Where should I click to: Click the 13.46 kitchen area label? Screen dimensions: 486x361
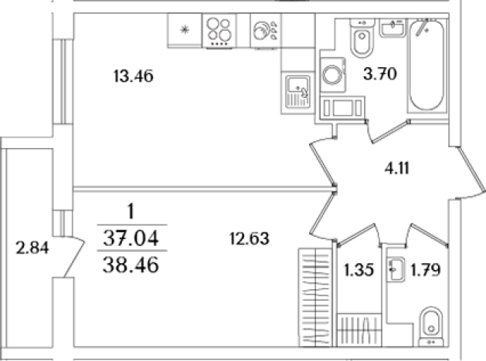(133, 76)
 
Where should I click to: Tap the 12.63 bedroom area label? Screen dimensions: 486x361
(250, 239)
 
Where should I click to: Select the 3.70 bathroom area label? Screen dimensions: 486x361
(380, 74)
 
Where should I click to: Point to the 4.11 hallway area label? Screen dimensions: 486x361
(397, 169)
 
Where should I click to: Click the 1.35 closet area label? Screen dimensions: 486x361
(359, 270)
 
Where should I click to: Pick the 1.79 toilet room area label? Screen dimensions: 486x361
(425, 270)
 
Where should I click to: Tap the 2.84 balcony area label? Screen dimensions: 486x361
(32, 248)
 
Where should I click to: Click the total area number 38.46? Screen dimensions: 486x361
(131, 265)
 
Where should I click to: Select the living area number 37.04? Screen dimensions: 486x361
(131, 238)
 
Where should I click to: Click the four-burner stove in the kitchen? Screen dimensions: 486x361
(219, 32)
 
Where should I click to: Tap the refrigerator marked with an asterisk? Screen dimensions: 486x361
(185, 30)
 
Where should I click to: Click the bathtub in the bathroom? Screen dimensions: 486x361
(427, 66)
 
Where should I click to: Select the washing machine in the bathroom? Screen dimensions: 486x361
(333, 75)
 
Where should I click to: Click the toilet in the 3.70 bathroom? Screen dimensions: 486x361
(362, 38)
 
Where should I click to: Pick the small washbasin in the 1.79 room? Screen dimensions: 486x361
(396, 269)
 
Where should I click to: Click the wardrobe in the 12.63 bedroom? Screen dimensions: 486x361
(315, 297)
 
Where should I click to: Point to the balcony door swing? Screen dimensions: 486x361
(73, 257)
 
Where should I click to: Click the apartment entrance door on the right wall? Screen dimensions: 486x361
(471, 174)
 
